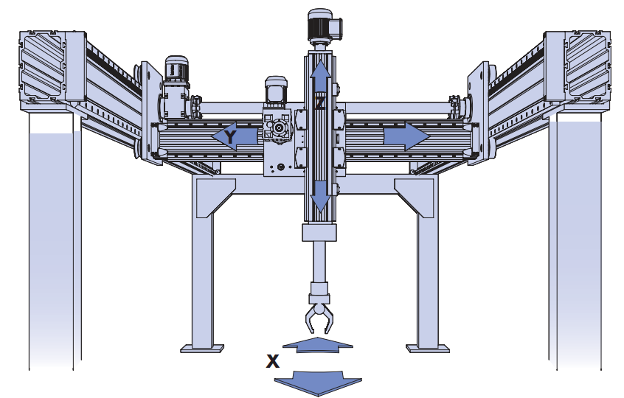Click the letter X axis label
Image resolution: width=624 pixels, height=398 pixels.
[x=273, y=361]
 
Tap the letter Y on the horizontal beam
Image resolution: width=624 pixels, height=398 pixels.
[x=231, y=138]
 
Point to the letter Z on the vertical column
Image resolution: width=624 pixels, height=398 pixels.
[x=319, y=104]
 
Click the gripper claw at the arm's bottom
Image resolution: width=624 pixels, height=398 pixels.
[x=319, y=317]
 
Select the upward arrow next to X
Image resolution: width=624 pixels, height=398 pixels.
[x=318, y=344]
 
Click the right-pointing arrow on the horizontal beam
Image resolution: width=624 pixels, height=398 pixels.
[x=406, y=137]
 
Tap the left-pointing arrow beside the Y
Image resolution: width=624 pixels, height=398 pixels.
[x=221, y=138]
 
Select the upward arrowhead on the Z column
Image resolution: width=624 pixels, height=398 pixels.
[x=319, y=72]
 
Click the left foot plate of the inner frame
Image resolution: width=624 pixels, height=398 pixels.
[x=202, y=346]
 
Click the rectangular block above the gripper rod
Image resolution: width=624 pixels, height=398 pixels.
[x=319, y=234]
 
